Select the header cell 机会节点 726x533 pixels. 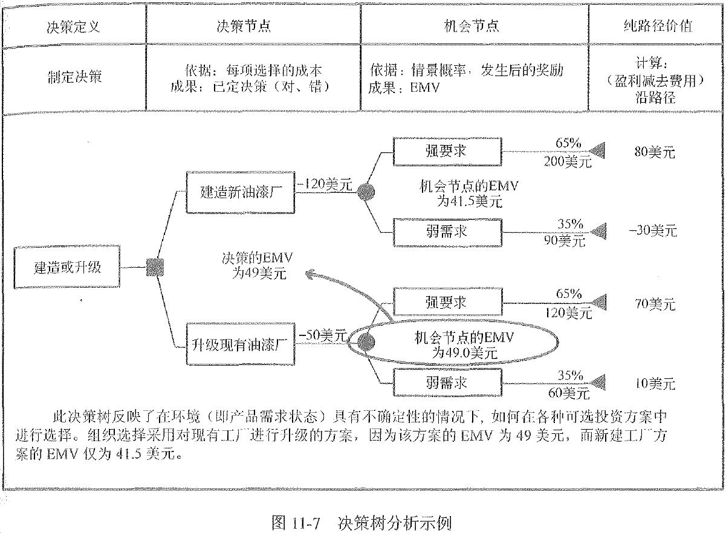[x=475, y=27]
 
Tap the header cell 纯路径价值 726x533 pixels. [x=658, y=27]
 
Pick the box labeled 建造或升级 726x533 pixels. [x=67, y=266]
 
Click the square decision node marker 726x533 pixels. [x=155, y=266]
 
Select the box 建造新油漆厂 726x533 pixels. [x=240, y=193]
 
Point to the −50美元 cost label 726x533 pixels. [x=322, y=334]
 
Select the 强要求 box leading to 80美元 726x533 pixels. [x=447, y=151]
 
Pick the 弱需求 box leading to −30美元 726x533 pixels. [x=447, y=231]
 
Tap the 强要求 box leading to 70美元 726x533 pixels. [x=447, y=302]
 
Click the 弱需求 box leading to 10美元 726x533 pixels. [x=447, y=383]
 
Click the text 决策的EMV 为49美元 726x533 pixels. [x=258, y=265]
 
